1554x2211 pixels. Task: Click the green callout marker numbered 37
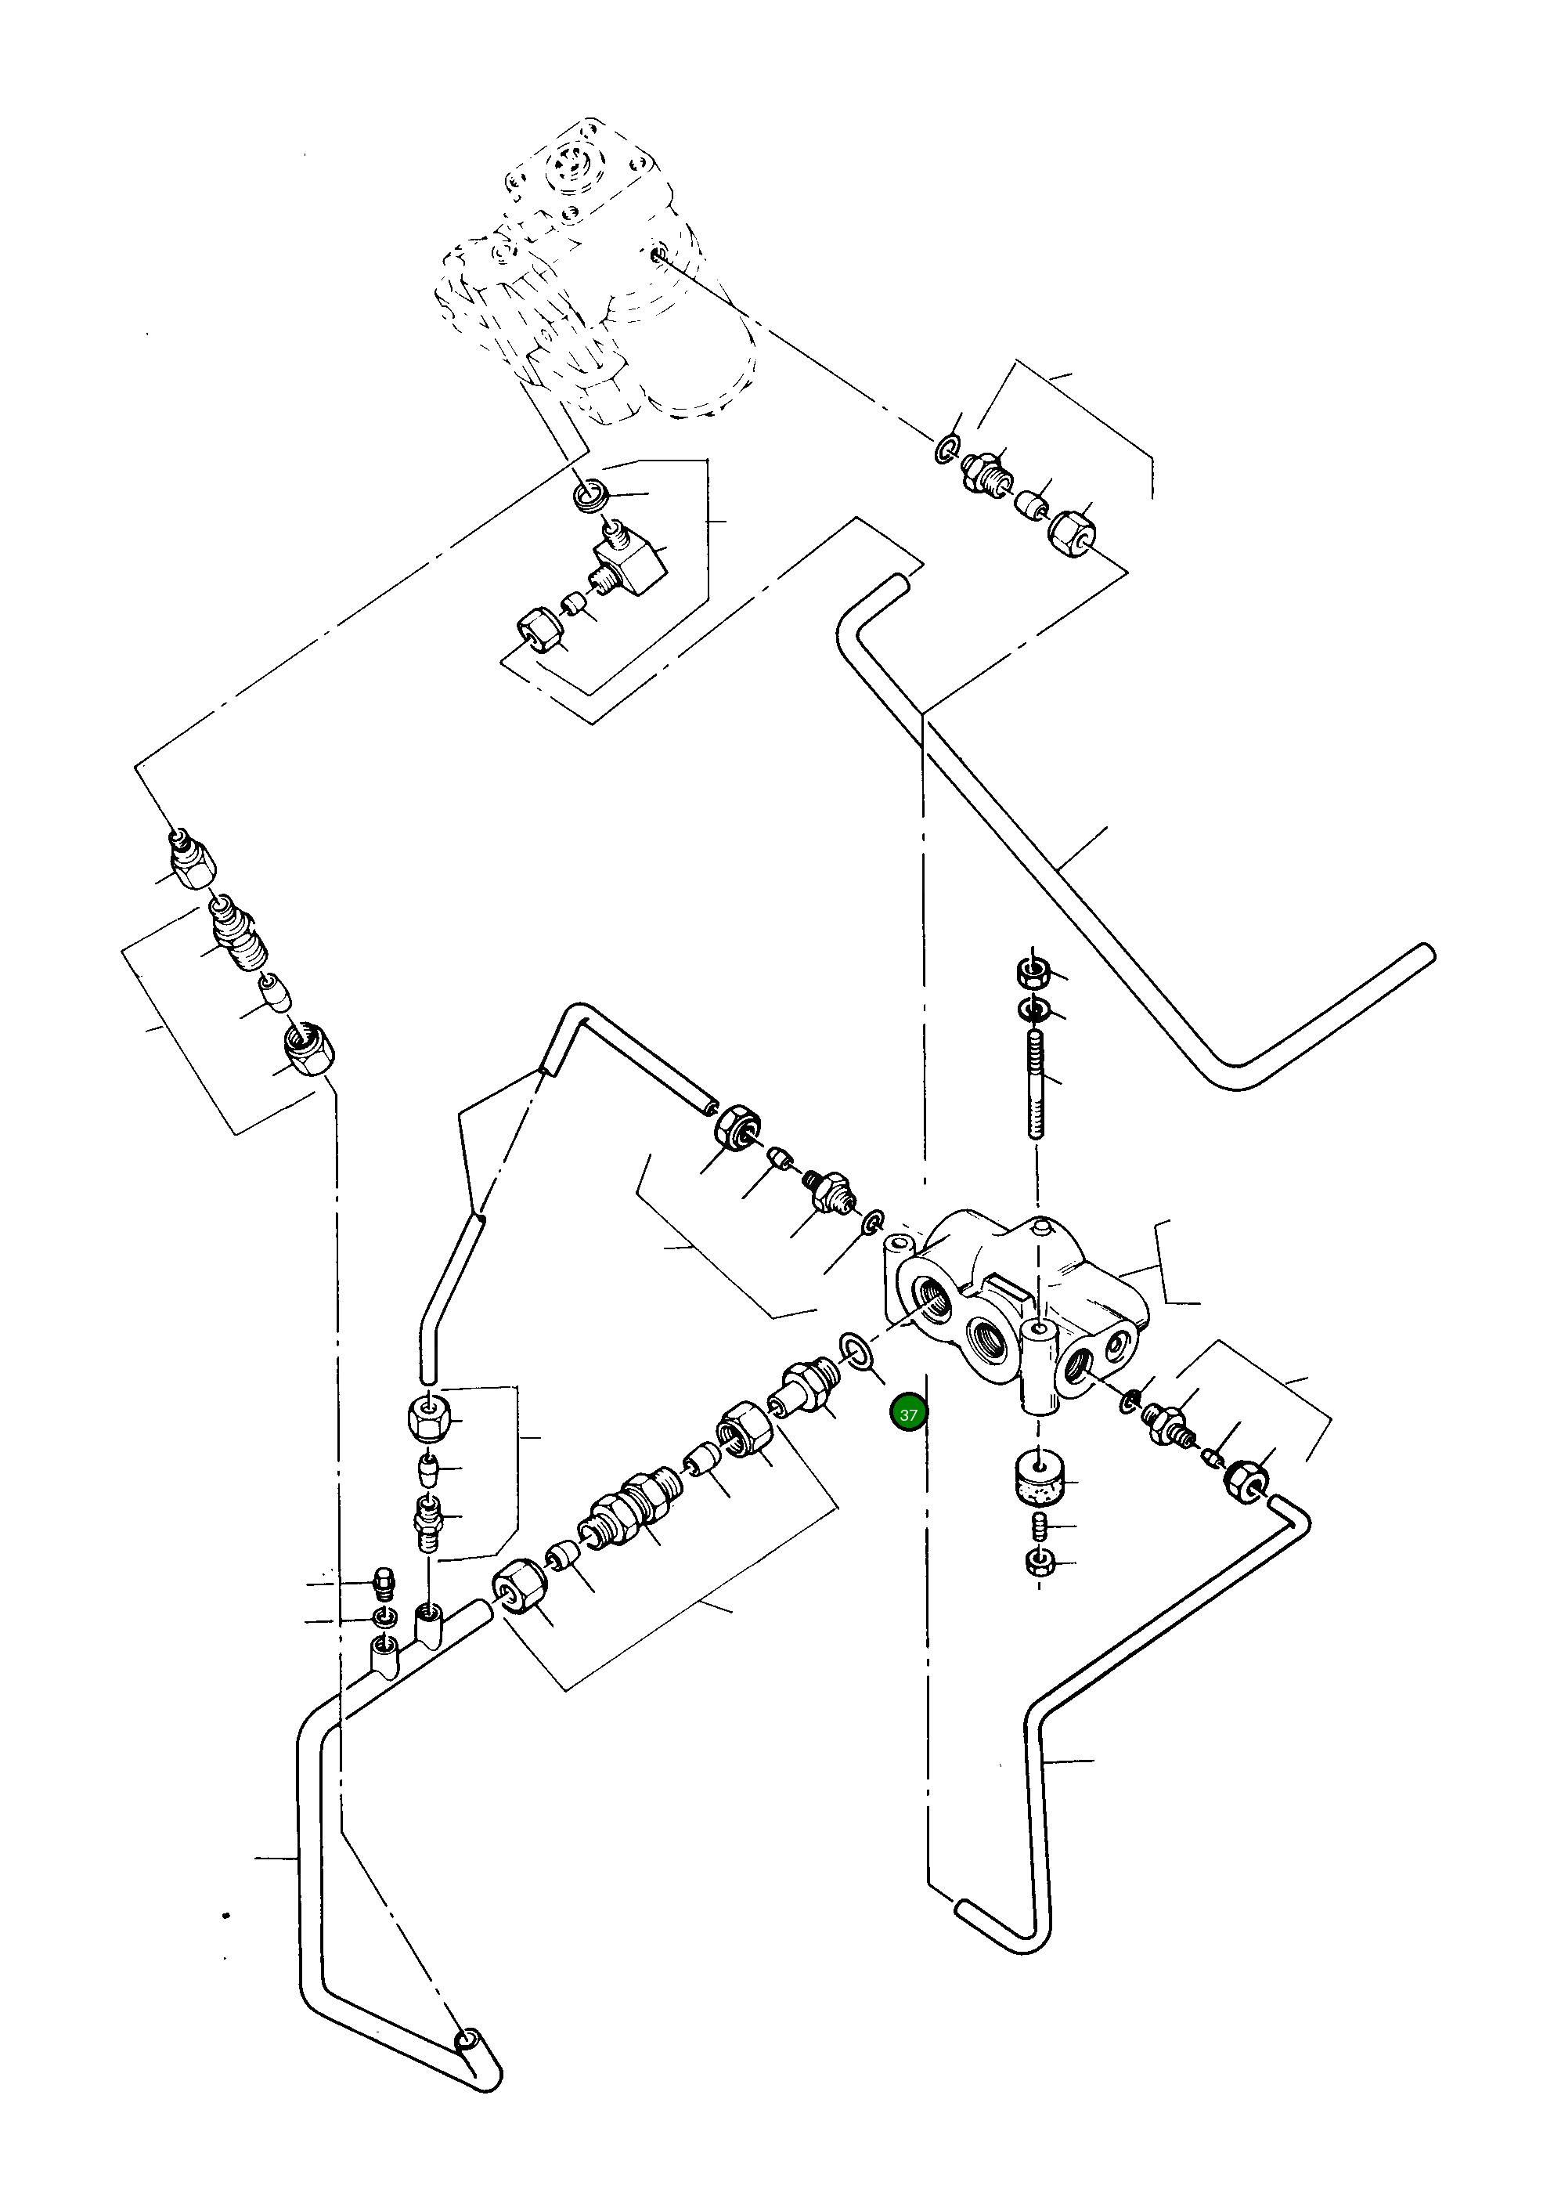908,1414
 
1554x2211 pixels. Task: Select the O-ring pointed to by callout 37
855,1350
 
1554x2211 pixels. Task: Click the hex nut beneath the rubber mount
1038,1562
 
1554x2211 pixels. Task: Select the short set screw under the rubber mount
1039,1527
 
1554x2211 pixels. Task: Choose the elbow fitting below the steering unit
631,561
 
